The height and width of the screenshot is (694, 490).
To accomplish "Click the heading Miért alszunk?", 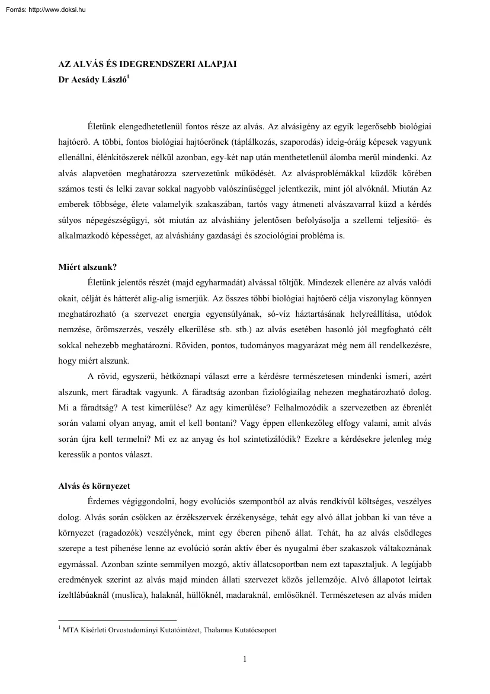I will point(83,266).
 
